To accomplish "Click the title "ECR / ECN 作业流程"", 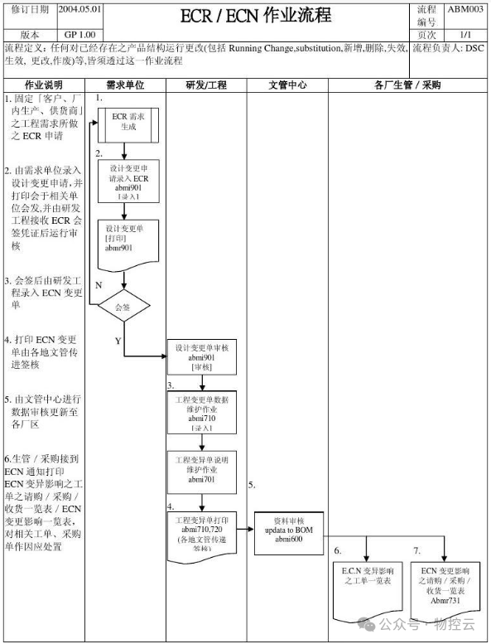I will pos(255,16).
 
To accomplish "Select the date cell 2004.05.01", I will pos(80,9).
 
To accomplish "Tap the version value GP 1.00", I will pos(80,36).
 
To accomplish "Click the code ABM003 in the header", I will pos(465,9).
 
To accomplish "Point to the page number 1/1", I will pos(465,36).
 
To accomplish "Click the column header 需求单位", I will pos(127,85).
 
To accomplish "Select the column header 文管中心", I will pos(289,85).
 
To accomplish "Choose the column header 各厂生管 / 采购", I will pos(407,85).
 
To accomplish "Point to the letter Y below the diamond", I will pos(117,341).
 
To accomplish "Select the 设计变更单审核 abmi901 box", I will pos(202,356).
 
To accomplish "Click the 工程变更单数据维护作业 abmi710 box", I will pos(202,412).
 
